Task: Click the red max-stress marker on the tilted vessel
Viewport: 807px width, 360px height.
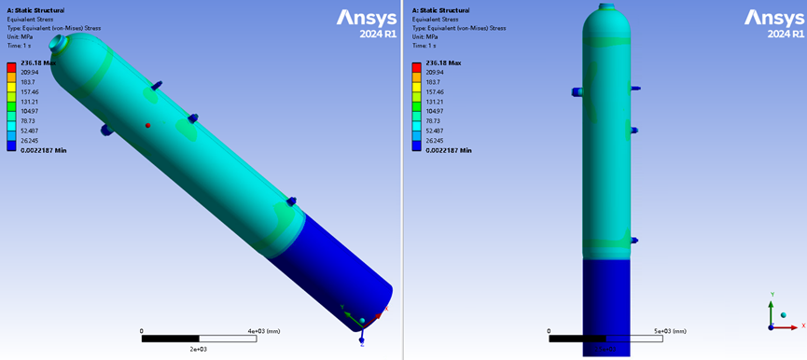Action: (147, 125)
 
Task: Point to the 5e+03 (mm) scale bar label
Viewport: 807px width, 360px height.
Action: (671, 331)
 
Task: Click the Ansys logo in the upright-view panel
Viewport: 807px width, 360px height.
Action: (774, 19)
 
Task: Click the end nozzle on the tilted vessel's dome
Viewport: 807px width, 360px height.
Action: (57, 43)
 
